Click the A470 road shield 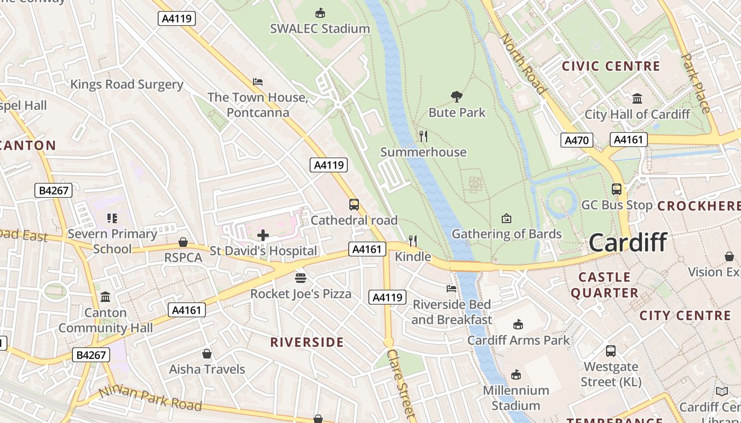[576, 140]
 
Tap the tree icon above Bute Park [456, 96]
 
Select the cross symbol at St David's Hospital [263, 235]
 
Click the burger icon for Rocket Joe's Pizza [301, 278]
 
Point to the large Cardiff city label [628, 243]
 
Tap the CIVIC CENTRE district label [611, 66]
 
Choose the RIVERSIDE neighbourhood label [307, 342]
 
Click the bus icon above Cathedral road [354, 205]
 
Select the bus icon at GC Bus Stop [616, 189]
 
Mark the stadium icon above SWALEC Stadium [320, 13]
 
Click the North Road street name [522, 63]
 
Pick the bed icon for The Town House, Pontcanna [258, 82]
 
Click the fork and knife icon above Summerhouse [423, 136]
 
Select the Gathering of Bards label [507, 234]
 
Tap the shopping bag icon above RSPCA [183, 242]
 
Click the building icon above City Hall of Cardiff [637, 99]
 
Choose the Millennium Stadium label [516, 398]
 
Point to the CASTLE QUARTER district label [604, 284]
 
